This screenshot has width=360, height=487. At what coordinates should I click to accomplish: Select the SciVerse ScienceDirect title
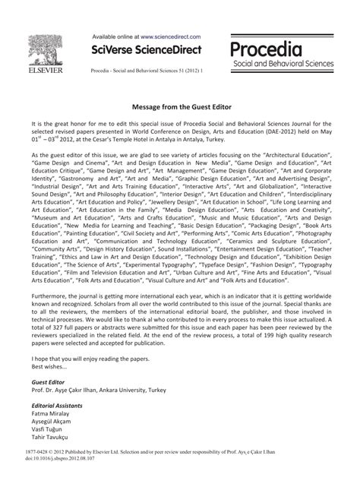pyautogui.click(x=147, y=50)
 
